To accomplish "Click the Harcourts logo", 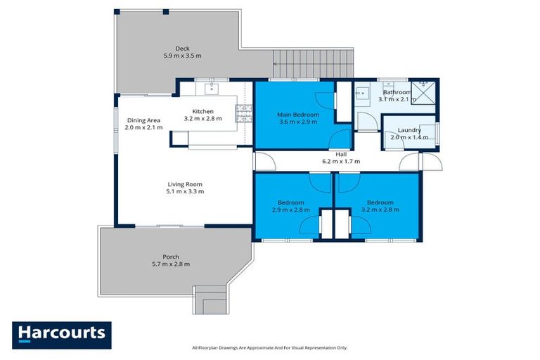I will tap(61, 333).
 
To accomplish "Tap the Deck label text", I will tap(182, 48).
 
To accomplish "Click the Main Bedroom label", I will tap(297, 114).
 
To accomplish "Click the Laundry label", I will tap(409, 130).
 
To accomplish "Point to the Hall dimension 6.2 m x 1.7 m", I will tap(341, 162).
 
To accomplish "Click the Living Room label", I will tap(185, 184).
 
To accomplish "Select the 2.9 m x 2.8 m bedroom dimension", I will tap(290, 210).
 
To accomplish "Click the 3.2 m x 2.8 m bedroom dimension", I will tap(380, 210).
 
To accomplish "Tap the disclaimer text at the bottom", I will tap(270, 347).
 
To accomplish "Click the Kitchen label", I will tap(202, 111).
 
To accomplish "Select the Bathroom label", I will tap(397, 92).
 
